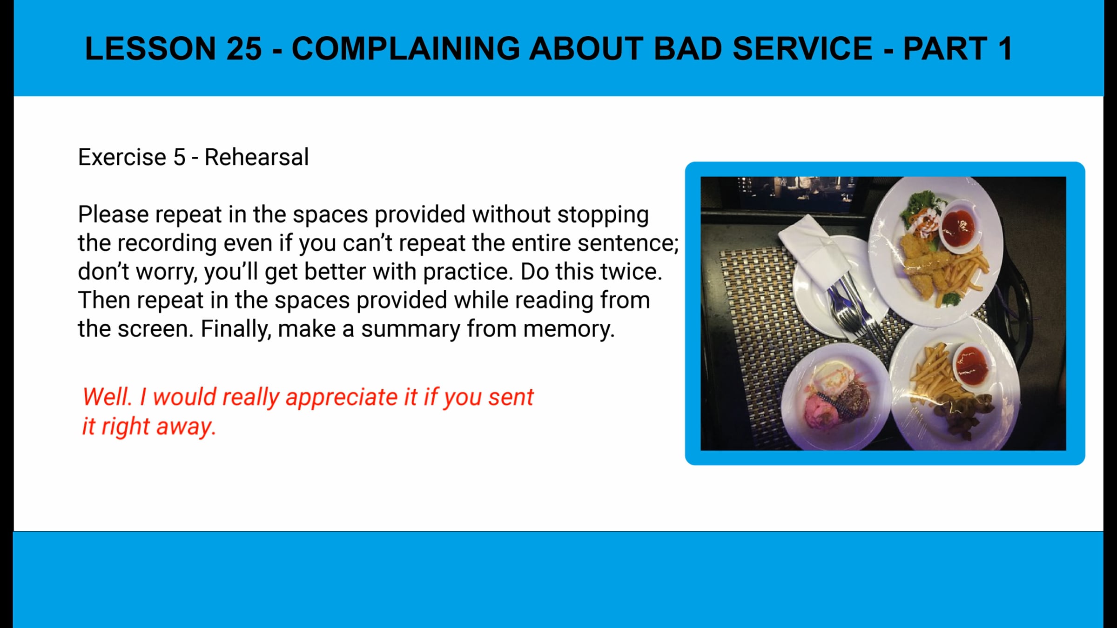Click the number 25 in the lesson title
[x=244, y=48]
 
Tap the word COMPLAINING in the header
[x=405, y=48]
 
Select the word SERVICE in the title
[x=802, y=48]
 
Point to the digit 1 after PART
[x=1004, y=48]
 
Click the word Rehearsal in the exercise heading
[x=256, y=157]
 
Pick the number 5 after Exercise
[x=179, y=157]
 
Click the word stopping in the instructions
[x=603, y=215]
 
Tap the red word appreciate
[x=342, y=397]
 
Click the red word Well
[x=107, y=397]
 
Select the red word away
[x=186, y=427]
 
